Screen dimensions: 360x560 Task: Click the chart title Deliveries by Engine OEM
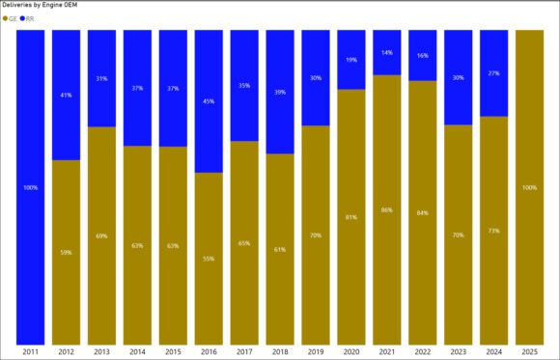click(42, 6)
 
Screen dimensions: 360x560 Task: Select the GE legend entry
click(12, 18)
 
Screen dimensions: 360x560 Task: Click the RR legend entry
click(29, 18)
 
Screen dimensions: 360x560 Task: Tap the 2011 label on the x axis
click(30, 351)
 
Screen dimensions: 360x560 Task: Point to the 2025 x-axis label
click(530, 351)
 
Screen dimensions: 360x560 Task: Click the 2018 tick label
click(280, 351)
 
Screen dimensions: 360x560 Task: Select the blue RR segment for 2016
click(209, 101)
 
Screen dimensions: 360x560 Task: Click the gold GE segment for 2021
click(387, 208)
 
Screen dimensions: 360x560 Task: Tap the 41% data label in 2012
click(66, 96)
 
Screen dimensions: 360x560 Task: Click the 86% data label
click(387, 209)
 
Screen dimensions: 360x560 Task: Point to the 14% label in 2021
click(387, 53)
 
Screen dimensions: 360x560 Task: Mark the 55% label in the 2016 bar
click(209, 259)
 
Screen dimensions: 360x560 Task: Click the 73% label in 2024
click(494, 231)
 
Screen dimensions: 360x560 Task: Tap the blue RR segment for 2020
click(351, 60)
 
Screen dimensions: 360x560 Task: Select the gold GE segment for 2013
click(101, 235)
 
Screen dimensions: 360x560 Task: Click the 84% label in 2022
click(423, 212)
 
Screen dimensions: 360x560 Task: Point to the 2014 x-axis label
click(137, 351)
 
